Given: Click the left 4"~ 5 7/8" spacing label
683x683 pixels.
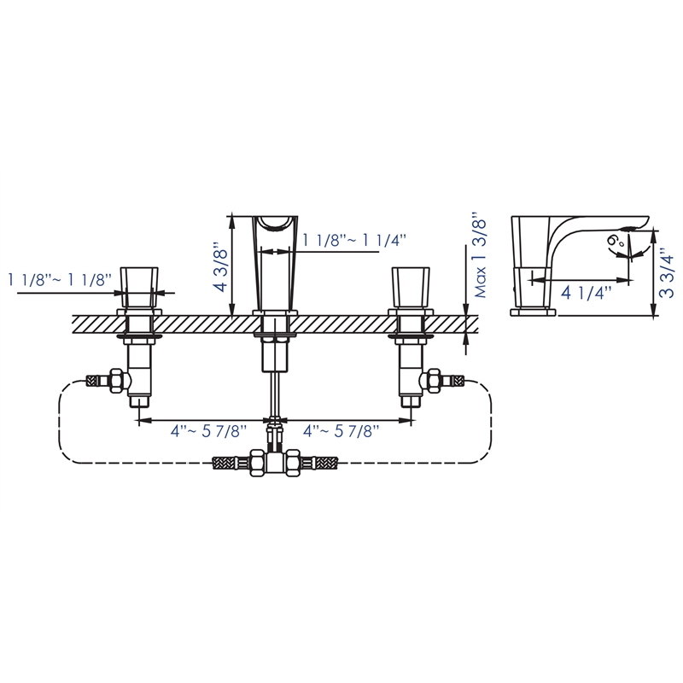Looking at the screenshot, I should [x=207, y=434].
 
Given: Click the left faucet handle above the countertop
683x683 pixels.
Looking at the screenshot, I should [x=139, y=285].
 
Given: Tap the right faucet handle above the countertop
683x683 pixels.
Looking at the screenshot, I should [x=409, y=285].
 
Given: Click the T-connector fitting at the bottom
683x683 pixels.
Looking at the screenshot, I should [x=274, y=465].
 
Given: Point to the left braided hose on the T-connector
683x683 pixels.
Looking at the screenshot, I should [x=233, y=465].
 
